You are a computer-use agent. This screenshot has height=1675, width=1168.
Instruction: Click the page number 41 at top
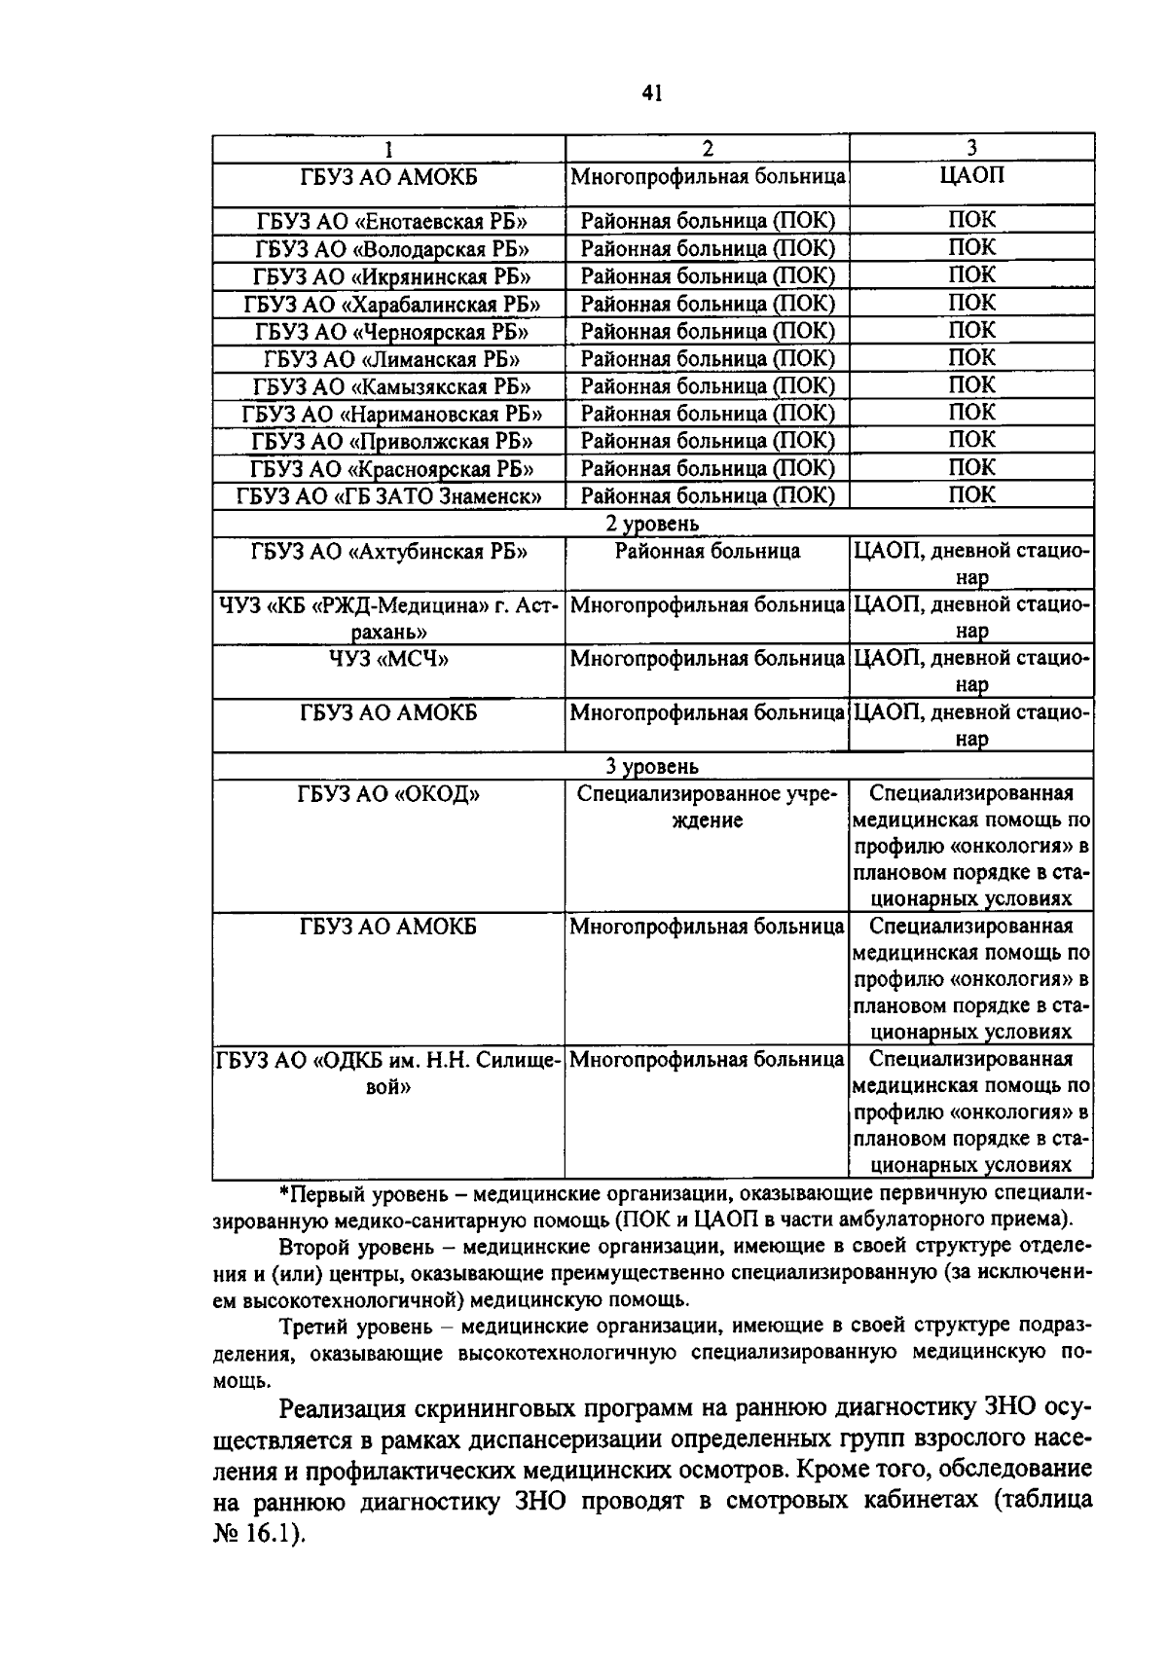[652, 92]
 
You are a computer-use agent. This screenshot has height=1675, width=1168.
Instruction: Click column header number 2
[708, 148]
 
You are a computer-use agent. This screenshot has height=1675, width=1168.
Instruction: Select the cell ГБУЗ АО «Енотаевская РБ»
[389, 221]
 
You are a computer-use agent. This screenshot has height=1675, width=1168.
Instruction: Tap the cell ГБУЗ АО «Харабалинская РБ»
[389, 304]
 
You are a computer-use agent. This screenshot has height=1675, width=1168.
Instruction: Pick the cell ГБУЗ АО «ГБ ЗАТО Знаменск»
[389, 496]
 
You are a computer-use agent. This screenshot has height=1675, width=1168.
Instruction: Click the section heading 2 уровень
[652, 524]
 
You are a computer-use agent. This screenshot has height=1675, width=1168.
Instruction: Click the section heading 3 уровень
[652, 767]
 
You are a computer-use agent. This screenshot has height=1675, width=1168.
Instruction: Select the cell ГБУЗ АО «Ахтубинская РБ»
[389, 552]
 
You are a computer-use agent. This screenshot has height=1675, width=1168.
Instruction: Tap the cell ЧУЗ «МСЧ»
[389, 659]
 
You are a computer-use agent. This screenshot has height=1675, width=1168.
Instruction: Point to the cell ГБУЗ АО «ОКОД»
[389, 794]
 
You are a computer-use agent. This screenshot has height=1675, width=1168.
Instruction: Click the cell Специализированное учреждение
[708, 807]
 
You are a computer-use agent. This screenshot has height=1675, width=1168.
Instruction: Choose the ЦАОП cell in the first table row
[971, 175]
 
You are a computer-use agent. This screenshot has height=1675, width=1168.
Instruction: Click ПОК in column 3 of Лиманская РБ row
[971, 358]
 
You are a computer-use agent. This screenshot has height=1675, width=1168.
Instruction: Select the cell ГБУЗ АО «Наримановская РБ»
[389, 414]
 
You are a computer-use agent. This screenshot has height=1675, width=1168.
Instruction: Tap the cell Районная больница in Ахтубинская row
[708, 552]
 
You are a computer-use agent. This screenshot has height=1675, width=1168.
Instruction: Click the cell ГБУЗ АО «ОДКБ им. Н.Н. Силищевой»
[389, 1072]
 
